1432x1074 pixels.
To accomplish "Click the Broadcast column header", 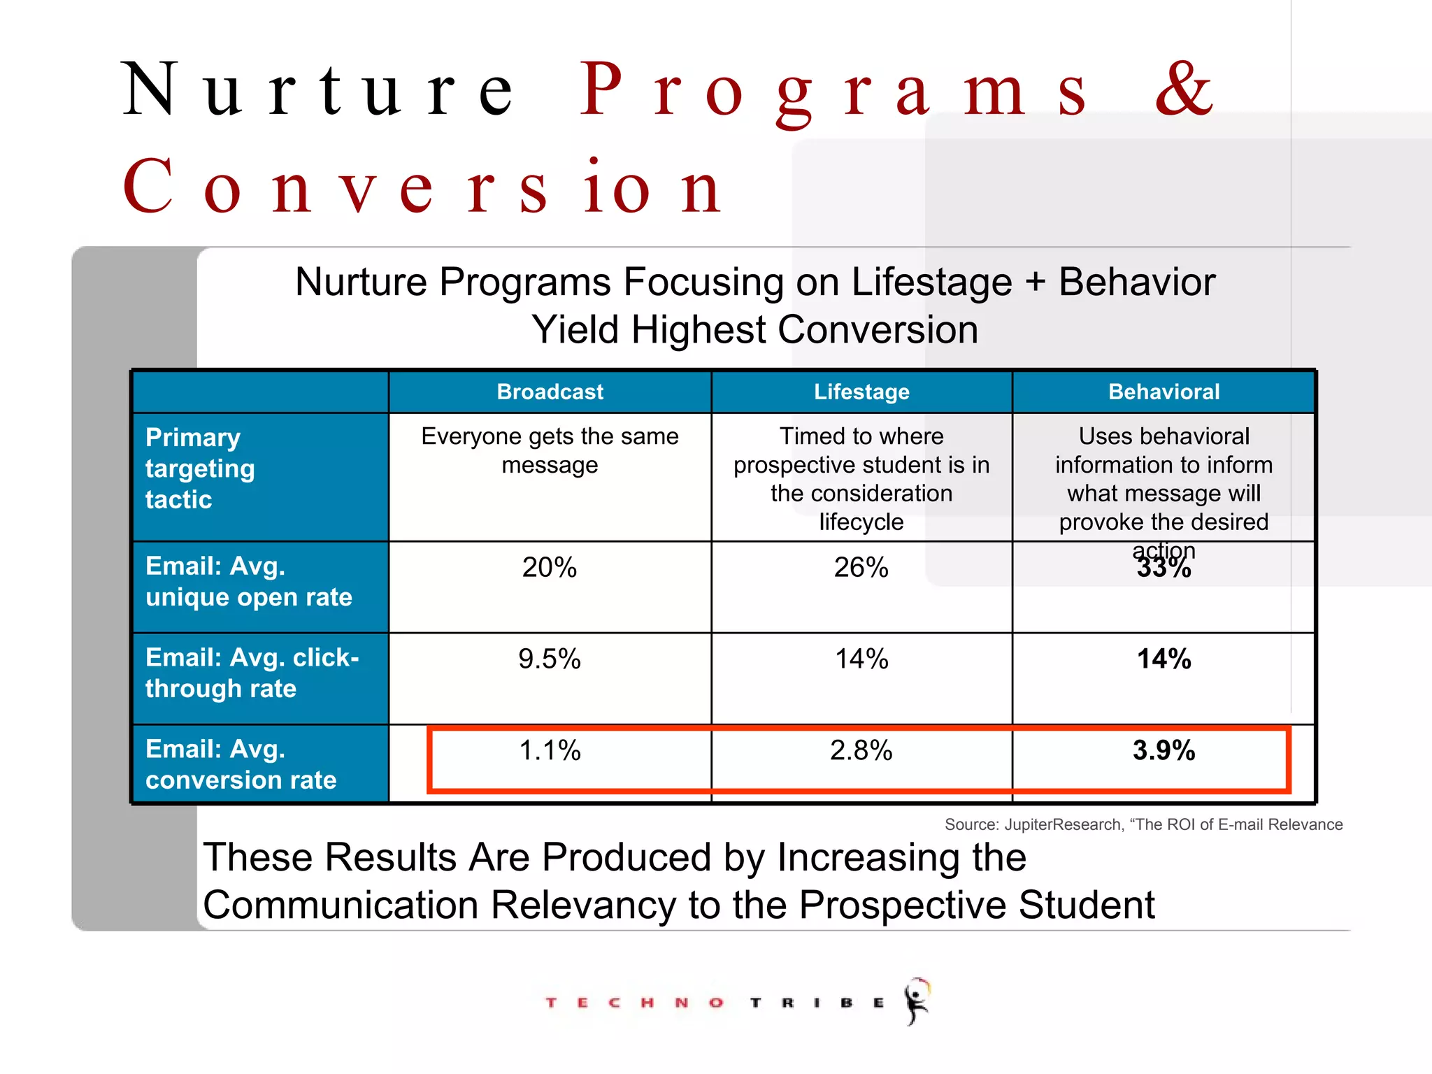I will pos(550,392).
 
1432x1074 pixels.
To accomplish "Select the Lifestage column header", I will pos(861,392).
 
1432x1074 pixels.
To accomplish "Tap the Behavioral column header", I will pos(1163,392).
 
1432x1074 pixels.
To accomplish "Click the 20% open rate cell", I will pos(550,567).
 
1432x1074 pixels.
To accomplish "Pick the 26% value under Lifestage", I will pos(861,567).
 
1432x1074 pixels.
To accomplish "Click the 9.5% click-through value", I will pos(550,659).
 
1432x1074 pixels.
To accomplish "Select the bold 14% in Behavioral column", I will pos(1163,659).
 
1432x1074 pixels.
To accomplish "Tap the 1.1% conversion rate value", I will pos(550,750).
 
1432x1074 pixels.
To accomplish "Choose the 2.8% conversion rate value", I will pos(861,750).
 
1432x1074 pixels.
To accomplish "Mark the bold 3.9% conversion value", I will pos(1163,750).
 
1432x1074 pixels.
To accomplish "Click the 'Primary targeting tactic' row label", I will pos(200,468).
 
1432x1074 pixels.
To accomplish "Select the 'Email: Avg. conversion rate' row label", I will pos(241,764).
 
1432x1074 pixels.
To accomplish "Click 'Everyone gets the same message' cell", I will pos(550,450).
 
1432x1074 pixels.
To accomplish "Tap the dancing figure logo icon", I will pos(917,1001).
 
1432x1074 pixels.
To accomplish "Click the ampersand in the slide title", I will pos(1184,89).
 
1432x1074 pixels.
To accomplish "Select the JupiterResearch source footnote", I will pos(1143,824).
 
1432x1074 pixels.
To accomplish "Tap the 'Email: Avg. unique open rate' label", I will pos(248,581).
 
